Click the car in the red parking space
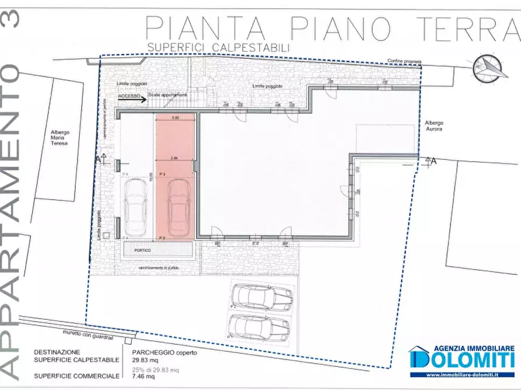point(176,205)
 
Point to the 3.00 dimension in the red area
point(175,118)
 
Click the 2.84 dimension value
point(174,158)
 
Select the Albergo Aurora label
point(433,125)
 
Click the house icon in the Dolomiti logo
point(418,357)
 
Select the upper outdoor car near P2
point(262,297)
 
